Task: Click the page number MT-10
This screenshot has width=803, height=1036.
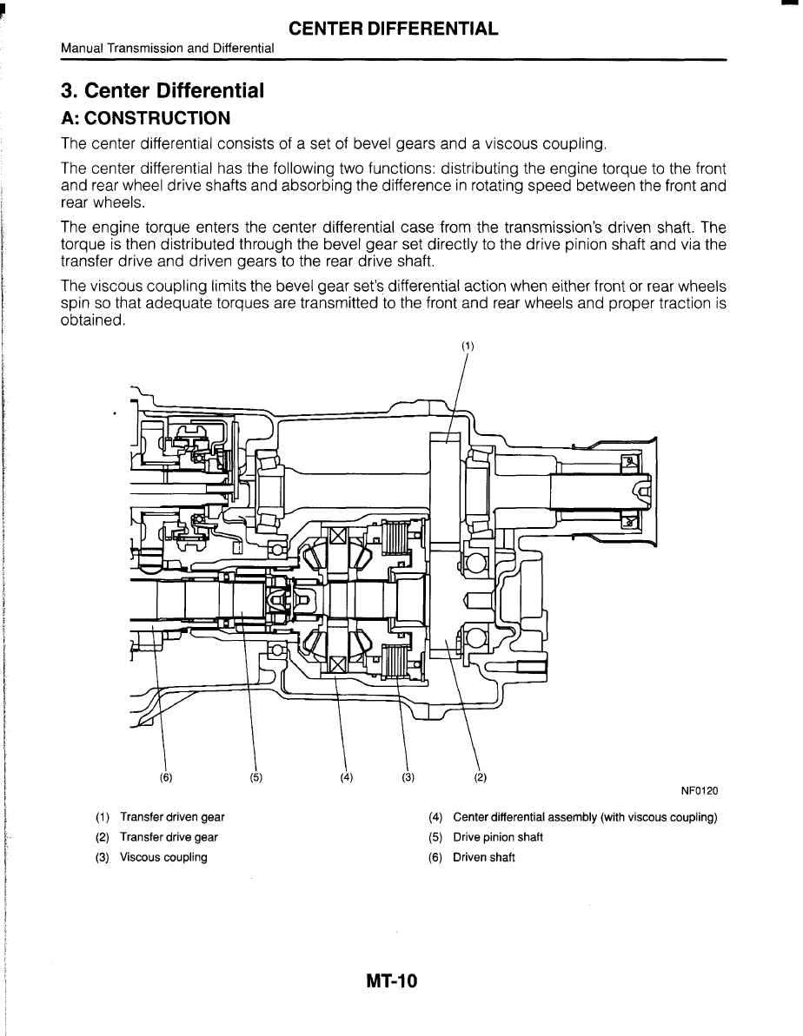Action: pyautogui.click(x=392, y=982)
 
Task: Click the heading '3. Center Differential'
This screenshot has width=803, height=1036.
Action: pyautogui.click(x=162, y=90)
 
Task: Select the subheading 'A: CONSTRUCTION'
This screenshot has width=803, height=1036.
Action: pyautogui.click(x=145, y=117)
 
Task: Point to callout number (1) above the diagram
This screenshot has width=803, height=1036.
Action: pyautogui.click(x=468, y=345)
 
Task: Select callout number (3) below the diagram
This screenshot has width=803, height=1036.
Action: pyautogui.click(x=408, y=777)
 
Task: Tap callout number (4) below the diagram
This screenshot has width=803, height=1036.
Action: pyautogui.click(x=347, y=777)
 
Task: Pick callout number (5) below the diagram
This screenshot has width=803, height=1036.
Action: pyautogui.click(x=255, y=777)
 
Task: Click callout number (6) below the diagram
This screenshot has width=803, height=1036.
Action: pyautogui.click(x=166, y=777)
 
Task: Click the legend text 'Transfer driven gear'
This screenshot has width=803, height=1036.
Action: pyautogui.click(x=172, y=817)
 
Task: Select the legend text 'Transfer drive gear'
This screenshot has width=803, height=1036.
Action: pyautogui.click(x=169, y=837)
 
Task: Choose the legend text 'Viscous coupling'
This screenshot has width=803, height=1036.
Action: pyautogui.click(x=163, y=857)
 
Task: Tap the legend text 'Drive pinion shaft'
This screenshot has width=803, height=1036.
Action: pyautogui.click(x=498, y=837)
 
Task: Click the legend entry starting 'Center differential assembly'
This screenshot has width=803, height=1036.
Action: pyautogui.click(x=585, y=817)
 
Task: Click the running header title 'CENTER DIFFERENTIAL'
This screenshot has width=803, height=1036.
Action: pyautogui.click(x=394, y=29)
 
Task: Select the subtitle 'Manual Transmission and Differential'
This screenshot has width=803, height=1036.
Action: pyautogui.click(x=168, y=49)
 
